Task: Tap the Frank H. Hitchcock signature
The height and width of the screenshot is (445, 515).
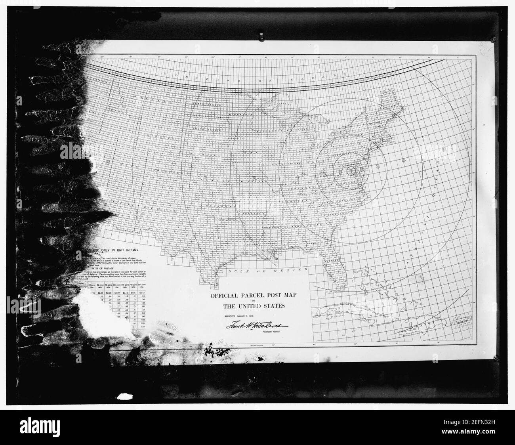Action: [258, 326]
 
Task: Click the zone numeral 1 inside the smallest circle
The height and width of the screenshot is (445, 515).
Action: [351, 171]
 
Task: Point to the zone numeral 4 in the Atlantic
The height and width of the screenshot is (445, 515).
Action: [403, 160]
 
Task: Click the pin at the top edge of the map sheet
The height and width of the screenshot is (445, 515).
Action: [261, 38]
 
